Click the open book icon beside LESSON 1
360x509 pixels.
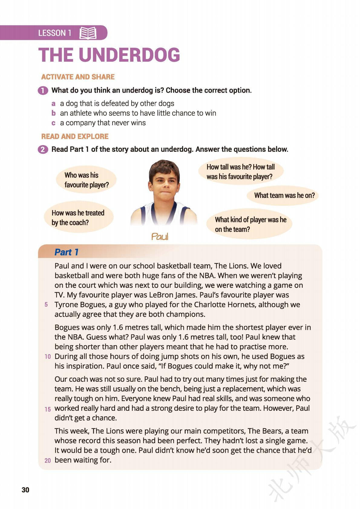88,33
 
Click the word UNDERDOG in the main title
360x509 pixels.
129,55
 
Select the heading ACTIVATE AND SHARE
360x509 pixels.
78,77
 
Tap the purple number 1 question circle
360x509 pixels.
43,90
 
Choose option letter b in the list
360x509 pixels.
54,113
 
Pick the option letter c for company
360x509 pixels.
54,123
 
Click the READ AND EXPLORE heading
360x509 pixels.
75,136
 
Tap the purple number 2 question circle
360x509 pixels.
43,149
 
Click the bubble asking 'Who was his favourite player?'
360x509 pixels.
86,180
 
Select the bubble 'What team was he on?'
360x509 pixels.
284,195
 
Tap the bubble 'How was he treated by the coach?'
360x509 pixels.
78,218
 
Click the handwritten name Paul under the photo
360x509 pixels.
160,236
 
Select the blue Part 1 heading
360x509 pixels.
67,252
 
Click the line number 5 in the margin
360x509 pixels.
46,304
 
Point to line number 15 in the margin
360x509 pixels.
47,409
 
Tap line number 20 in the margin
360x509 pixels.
47,460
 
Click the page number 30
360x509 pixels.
25,490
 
